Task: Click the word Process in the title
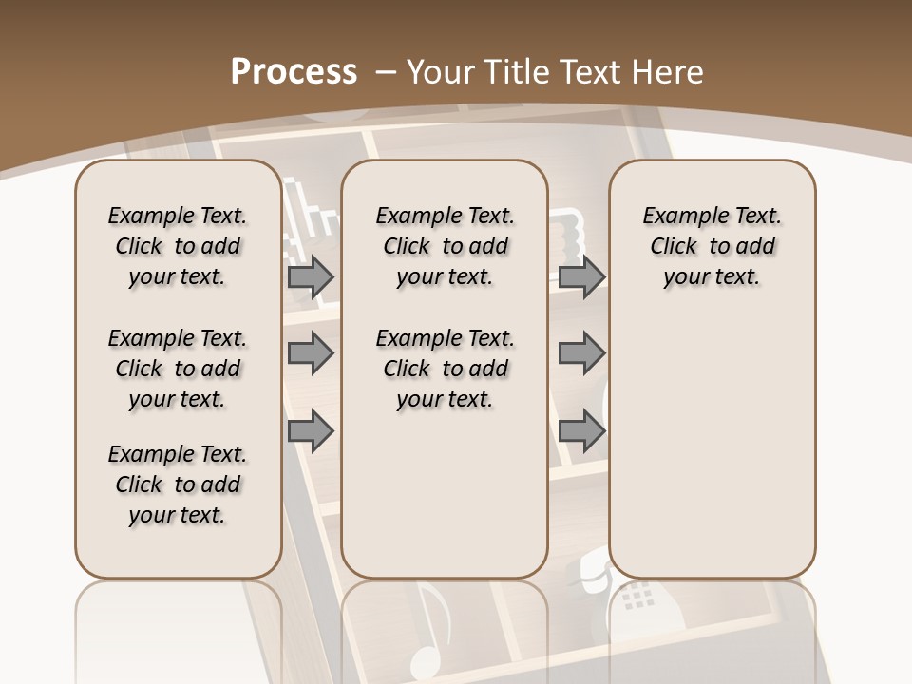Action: pyautogui.click(x=294, y=71)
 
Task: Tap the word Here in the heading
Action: pyautogui.click(x=669, y=71)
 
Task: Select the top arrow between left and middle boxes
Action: pyautogui.click(x=311, y=276)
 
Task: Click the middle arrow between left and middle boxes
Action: pyautogui.click(x=311, y=353)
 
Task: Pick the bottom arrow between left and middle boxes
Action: pyautogui.click(x=311, y=430)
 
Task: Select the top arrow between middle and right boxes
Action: pyautogui.click(x=581, y=276)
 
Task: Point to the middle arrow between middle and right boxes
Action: pyautogui.click(x=581, y=353)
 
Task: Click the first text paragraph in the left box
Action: pyautogui.click(x=178, y=246)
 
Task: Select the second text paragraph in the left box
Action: pyautogui.click(x=178, y=369)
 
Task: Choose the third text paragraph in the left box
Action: pyautogui.click(x=178, y=484)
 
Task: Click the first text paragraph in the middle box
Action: pyautogui.click(x=445, y=246)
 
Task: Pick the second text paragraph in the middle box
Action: pyautogui.click(x=445, y=369)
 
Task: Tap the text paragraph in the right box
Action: pyautogui.click(x=712, y=246)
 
